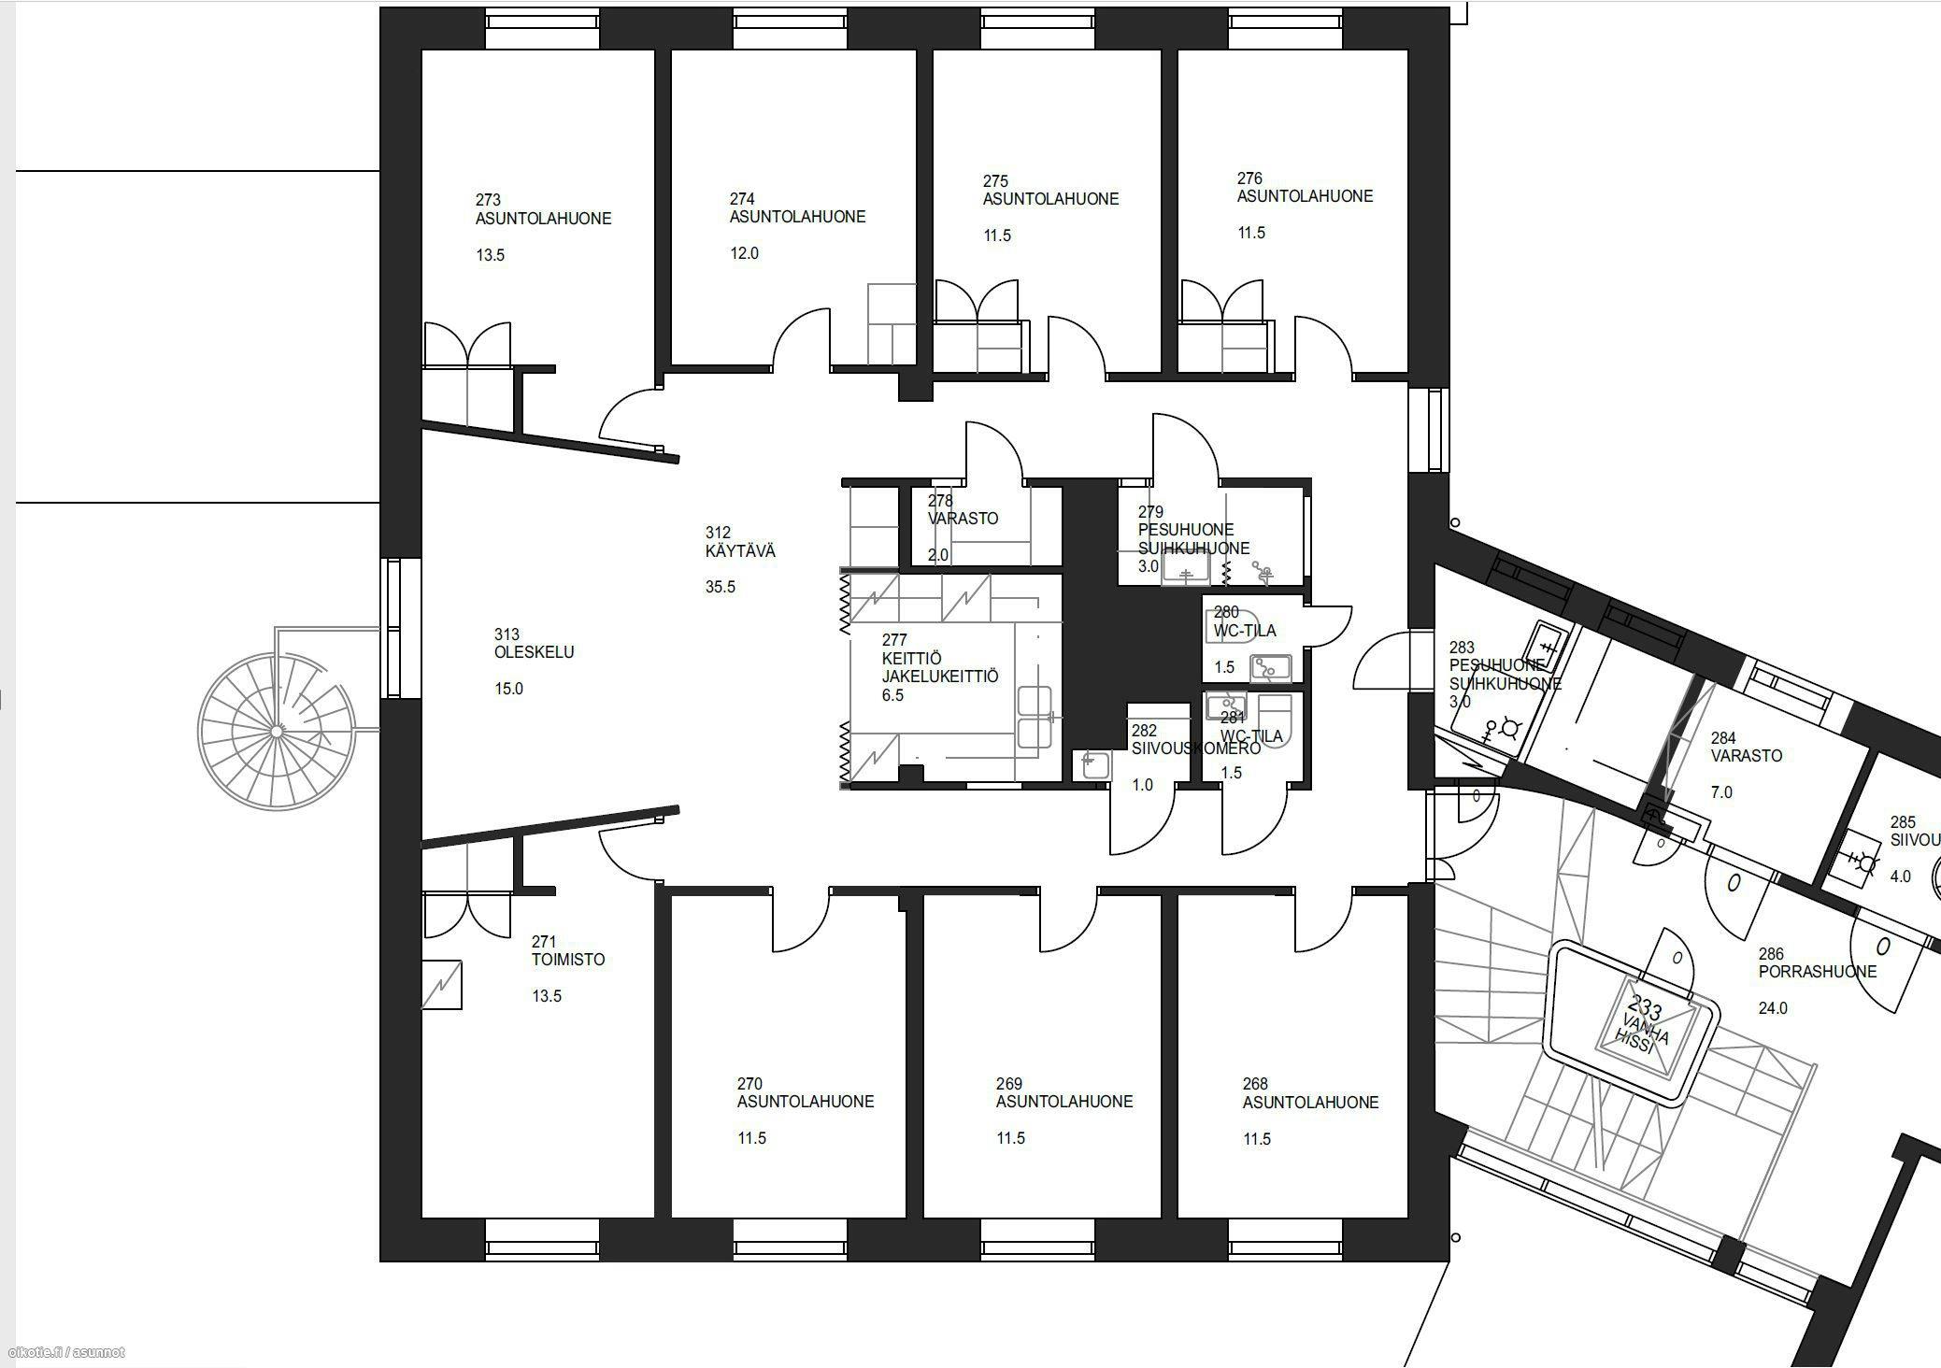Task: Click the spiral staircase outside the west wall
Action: click(x=277, y=731)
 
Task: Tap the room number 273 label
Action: click(x=488, y=200)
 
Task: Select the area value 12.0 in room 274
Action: click(x=744, y=253)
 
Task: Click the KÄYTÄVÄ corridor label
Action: click(x=740, y=551)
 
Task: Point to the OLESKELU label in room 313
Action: click(x=534, y=652)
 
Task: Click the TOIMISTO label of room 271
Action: click(x=568, y=960)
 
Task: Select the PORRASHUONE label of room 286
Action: click(x=1817, y=972)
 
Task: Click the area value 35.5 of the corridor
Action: click(x=720, y=587)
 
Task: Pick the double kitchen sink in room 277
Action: click(x=1035, y=718)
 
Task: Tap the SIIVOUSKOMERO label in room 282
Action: click(x=1195, y=748)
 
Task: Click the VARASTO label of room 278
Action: click(x=963, y=519)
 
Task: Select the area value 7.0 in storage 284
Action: click(x=1720, y=792)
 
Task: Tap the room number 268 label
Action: click(x=1254, y=1084)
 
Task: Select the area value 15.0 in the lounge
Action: click(x=508, y=689)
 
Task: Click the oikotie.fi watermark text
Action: click(x=65, y=1352)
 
